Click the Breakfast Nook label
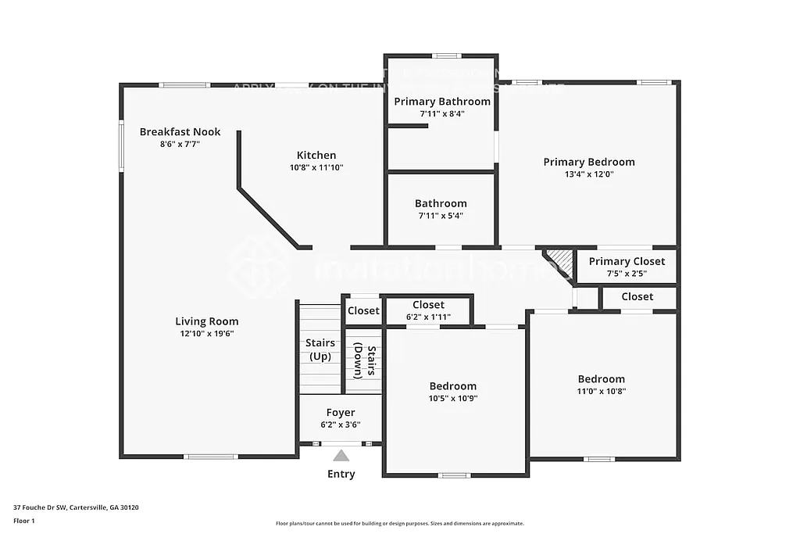click(180, 131)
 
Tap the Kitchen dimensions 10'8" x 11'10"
click(316, 167)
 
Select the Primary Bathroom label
click(442, 101)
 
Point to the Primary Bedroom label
click(589, 162)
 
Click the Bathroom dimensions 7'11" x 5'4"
click(441, 216)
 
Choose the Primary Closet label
click(627, 261)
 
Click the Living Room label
click(206, 321)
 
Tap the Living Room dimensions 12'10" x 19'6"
click(206, 334)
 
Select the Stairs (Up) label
click(320, 349)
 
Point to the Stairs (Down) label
click(364, 361)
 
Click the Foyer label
click(341, 412)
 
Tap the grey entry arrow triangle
click(341, 455)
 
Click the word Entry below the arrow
click(341, 474)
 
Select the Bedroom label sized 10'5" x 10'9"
click(453, 385)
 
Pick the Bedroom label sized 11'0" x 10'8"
click(601, 378)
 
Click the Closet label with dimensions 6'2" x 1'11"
click(428, 305)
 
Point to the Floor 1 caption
click(24, 520)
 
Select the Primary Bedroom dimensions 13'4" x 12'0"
click(589, 174)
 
